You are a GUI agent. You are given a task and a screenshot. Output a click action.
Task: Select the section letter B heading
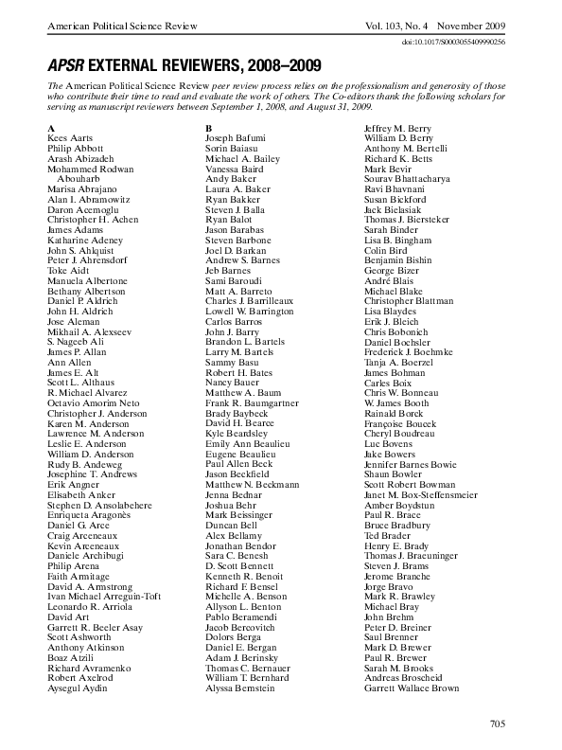[x=209, y=127]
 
